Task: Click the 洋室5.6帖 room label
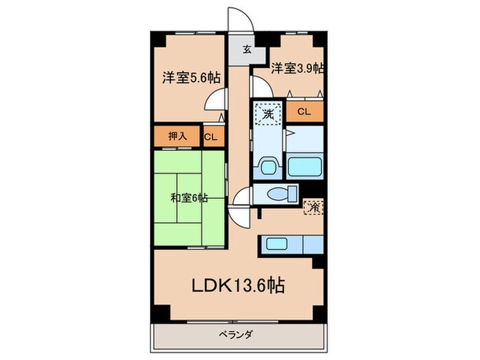click(x=186, y=77)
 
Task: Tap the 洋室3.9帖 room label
click(x=296, y=68)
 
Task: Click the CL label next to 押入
click(x=211, y=136)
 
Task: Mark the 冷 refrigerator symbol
click(x=313, y=206)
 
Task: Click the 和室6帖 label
click(x=189, y=199)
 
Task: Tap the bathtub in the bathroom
click(x=302, y=167)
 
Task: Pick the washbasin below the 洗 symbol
click(x=268, y=167)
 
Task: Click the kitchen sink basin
click(x=278, y=243)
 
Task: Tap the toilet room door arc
click(x=242, y=199)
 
